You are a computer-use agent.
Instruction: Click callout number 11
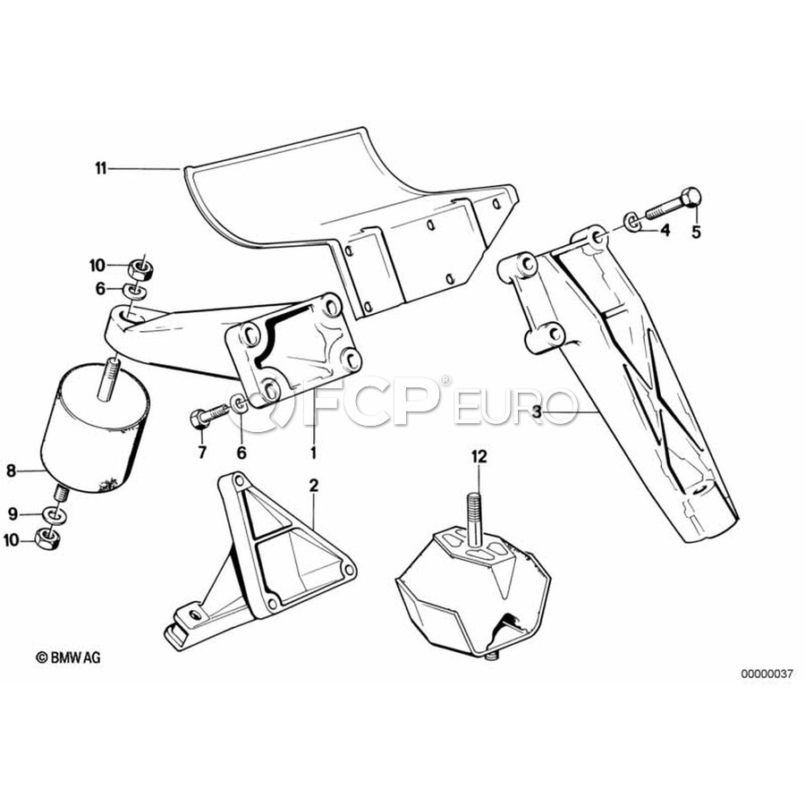[x=100, y=168]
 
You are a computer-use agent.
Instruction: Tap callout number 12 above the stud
[x=479, y=456]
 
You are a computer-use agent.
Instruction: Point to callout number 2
[x=314, y=485]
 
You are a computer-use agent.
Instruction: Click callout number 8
[x=12, y=470]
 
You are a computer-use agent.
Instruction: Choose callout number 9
[x=13, y=513]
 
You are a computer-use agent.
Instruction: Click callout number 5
[x=696, y=232]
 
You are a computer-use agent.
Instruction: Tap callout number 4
[x=665, y=231]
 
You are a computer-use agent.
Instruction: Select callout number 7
[x=202, y=453]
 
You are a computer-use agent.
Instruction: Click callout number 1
[x=313, y=453]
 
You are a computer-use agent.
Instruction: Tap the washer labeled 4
[x=632, y=222]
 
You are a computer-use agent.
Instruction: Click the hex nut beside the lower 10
[x=47, y=538]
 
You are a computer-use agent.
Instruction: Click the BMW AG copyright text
[x=68, y=657]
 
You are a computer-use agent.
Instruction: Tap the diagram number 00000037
[x=767, y=674]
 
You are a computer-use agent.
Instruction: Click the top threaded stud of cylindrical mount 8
[x=108, y=378]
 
